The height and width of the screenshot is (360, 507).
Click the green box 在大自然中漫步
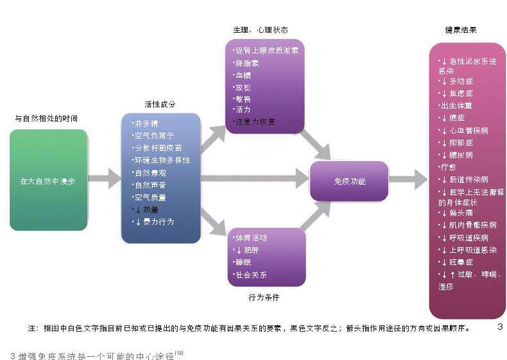tap(48, 180)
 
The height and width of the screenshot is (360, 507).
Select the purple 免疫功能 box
tap(349, 181)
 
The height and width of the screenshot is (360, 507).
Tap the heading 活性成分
tap(160, 105)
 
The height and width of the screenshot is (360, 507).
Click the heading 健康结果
tap(461, 30)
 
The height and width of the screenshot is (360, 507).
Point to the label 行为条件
tap(264, 297)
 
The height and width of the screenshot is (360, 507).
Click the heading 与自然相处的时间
tap(46, 119)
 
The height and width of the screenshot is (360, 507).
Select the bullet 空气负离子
tap(154, 135)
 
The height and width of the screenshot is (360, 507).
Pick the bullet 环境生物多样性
tap(162, 160)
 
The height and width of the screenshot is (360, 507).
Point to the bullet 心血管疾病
tap(467, 130)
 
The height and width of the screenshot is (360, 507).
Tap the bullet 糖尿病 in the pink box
tap(459, 155)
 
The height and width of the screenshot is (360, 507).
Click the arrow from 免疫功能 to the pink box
tap(408, 179)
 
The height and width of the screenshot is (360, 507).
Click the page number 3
tap(500, 328)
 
